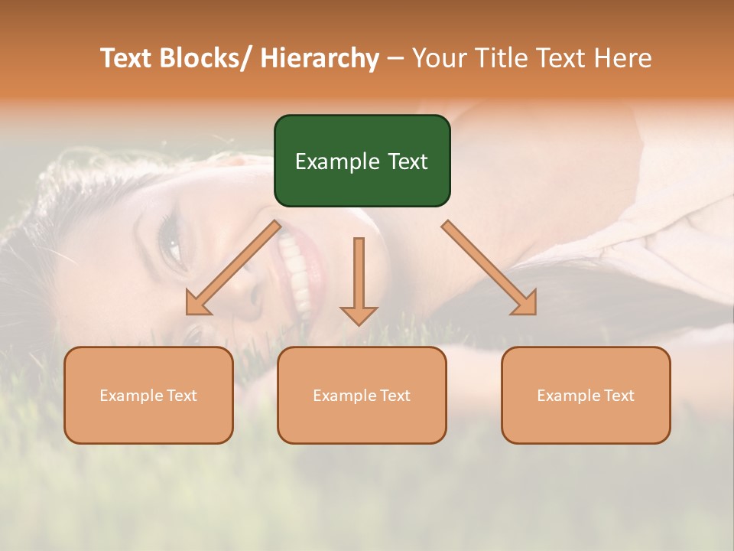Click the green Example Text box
(x=362, y=161)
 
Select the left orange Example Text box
(x=148, y=395)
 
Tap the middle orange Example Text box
(x=362, y=395)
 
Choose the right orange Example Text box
(x=586, y=395)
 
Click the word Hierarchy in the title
(x=320, y=58)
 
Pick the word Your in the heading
(x=437, y=58)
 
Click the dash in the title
(x=395, y=58)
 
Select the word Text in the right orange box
(x=618, y=396)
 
